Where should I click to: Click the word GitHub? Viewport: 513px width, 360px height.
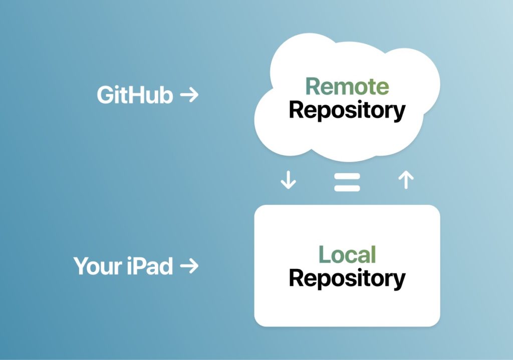(x=135, y=95)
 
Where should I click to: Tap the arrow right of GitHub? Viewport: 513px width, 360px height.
(x=189, y=95)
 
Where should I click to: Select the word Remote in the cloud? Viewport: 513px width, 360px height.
(x=347, y=86)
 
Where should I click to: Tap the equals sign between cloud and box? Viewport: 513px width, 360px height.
(x=347, y=182)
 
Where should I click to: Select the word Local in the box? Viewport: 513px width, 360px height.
(x=347, y=255)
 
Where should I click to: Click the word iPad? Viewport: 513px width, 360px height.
(x=150, y=266)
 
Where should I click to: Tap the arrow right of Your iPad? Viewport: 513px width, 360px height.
(x=189, y=266)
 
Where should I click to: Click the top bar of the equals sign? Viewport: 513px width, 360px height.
(x=347, y=176)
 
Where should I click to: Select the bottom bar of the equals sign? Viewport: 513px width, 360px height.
(x=347, y=188)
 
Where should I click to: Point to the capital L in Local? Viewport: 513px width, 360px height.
(x=325, y=255)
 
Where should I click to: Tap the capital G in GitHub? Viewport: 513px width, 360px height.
(x=106, y=95)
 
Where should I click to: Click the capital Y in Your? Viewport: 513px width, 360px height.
(x=81, y=266)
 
